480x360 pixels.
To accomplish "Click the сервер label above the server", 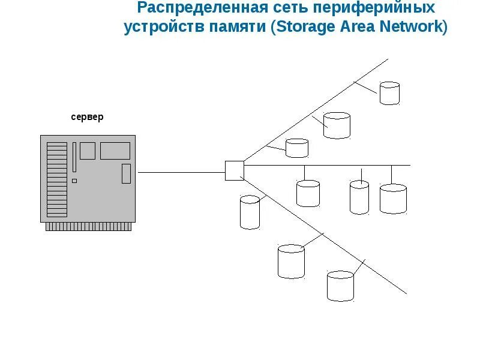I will coord(87,117).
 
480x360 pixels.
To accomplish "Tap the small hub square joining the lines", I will coord(234,170).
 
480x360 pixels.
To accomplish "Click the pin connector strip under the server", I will coord(88,227).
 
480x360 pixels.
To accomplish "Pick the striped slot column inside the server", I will coord(57,179).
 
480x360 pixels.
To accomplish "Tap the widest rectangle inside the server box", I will coord(115,151).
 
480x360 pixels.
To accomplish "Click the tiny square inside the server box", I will coord(74,181).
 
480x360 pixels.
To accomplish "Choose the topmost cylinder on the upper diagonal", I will coord(389,94).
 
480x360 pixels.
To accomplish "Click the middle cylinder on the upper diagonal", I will coord(337,125).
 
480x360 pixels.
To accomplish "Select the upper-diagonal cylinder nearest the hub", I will coord(297,148).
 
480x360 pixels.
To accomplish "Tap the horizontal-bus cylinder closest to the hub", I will coord(308,193).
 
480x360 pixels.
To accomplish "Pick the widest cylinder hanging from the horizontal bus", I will coord(393,199).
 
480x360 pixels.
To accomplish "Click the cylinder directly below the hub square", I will coord(250,212).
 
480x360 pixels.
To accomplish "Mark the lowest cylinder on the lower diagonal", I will coord(340,286).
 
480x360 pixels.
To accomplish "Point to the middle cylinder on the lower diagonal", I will coord(291,260).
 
